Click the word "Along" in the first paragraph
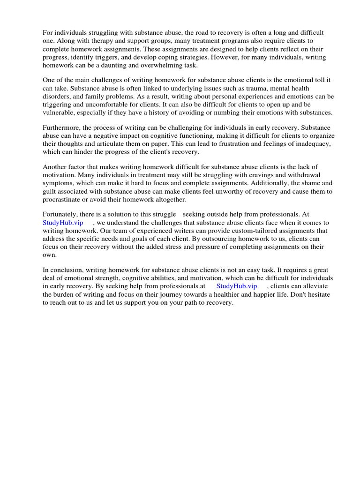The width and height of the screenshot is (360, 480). point(65,41)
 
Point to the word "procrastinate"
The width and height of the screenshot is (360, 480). point(63,200)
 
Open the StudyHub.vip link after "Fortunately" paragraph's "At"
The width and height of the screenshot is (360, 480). point(63,223)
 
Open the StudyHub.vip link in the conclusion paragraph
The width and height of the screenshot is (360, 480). point(237,286)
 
